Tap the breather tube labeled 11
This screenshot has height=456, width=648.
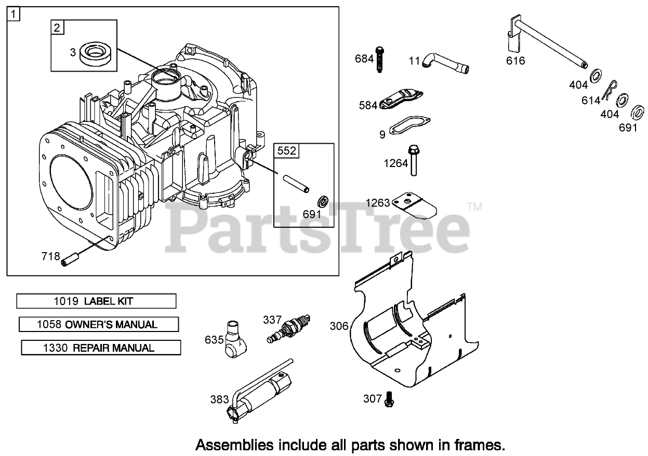click(x=444, y=62)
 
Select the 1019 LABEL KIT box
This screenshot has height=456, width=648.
click(x=96, y=301)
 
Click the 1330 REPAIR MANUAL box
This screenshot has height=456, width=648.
click(x=101, y=348)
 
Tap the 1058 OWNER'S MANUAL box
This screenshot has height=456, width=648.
click(x=99, y=325)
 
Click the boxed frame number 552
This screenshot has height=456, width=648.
click(x=286, y=151)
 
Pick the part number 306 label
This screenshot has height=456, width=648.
click(x=338, y=326)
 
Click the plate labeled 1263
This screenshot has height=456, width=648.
click(x=415, y=205)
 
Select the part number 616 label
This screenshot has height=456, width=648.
click(x=515, y=61)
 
